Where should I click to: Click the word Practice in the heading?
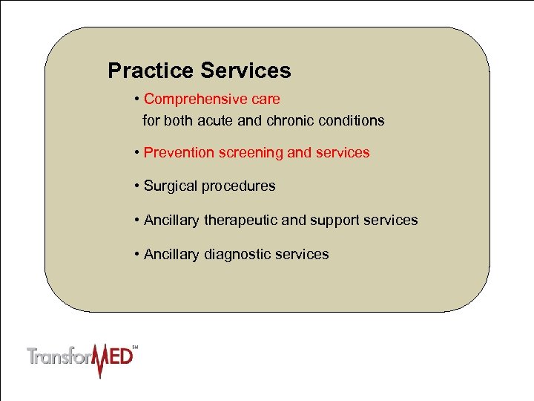151,71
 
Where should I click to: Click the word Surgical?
169,186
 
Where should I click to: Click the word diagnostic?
237,254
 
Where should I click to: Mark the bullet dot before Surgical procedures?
138,186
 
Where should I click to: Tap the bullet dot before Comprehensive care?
138,99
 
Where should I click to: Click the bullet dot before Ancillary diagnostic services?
138,254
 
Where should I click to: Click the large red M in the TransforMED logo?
96,358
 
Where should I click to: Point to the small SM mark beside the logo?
135,347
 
